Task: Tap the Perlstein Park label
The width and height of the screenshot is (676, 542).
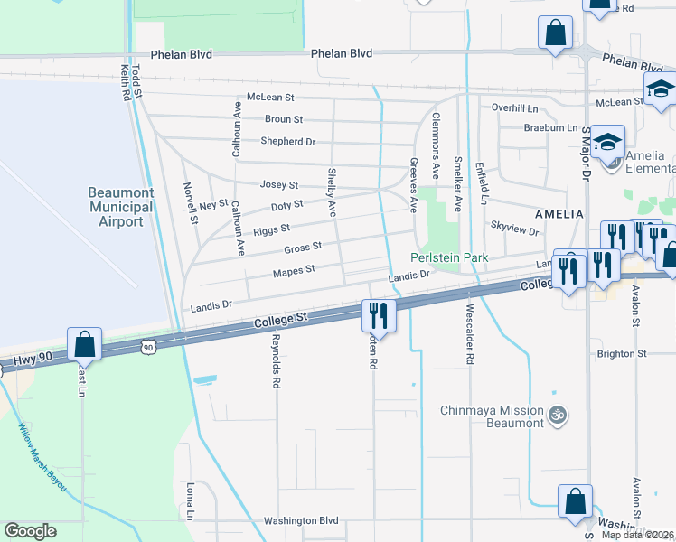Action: [x=449, y=257]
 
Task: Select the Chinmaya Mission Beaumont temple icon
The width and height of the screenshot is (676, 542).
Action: [x=558, y=415]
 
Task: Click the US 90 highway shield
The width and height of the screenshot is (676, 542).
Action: [x=148, y=346]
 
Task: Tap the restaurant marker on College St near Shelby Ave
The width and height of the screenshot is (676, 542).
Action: [x=378, y=315]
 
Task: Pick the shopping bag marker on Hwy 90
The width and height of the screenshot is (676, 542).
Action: [x=84, y=344]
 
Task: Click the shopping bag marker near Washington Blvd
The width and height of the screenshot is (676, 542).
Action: [x=574, y=501]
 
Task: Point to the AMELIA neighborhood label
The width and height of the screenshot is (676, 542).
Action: [x=559, y=214]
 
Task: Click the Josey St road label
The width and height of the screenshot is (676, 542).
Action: [x=279, y=184]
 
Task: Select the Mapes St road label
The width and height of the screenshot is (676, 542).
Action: [x=294, y=269]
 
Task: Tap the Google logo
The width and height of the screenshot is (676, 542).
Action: [x=30, y=531]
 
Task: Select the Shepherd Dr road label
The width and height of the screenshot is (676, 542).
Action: [x=287, y=142]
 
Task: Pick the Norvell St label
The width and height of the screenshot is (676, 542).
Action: [x=191, y=202]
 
